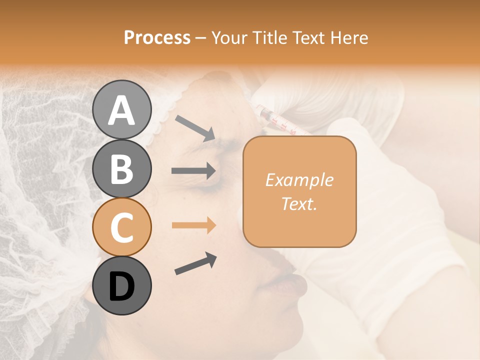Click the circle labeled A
122,109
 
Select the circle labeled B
122,168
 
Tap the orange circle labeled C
122,227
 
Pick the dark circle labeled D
122,285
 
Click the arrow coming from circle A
194,127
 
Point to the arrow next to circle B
193,171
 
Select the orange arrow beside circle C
193,225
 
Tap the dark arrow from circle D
195,263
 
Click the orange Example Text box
299,191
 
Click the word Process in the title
157,37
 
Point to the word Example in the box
299,180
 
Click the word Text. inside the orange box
299,203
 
